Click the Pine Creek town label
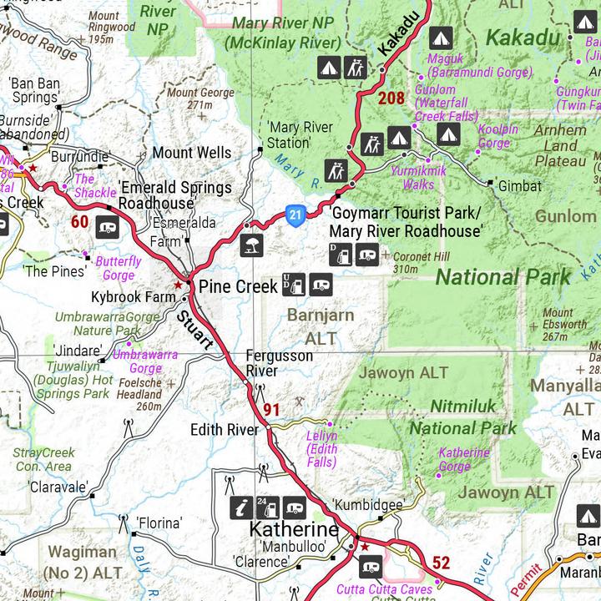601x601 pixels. tap(238, 286)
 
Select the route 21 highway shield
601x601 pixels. tap(295, 216)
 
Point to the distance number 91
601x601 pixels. tap(271, 409)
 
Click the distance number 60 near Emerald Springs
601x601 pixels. tap(79, 221)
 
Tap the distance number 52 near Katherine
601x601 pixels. tap(442, 563)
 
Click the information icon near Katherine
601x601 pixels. tap(241, 506)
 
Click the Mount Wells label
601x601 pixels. tap(191, 153)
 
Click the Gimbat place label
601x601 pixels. tap(519, 186)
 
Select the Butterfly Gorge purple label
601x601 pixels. tap(119, 268)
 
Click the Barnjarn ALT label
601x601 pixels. tap(321, 327)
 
